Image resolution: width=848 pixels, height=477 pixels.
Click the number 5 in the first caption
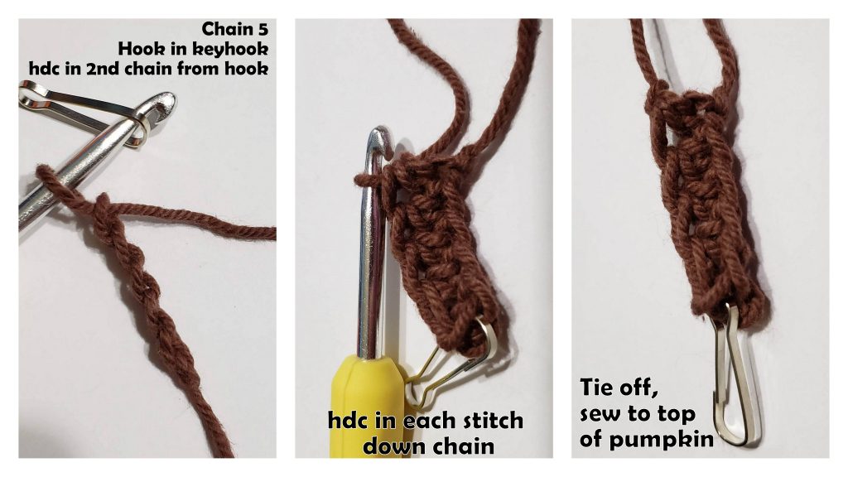point(264,31)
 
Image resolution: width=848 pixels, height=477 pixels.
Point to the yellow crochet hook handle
point(364,406)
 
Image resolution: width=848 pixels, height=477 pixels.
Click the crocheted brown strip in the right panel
point(704,207)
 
